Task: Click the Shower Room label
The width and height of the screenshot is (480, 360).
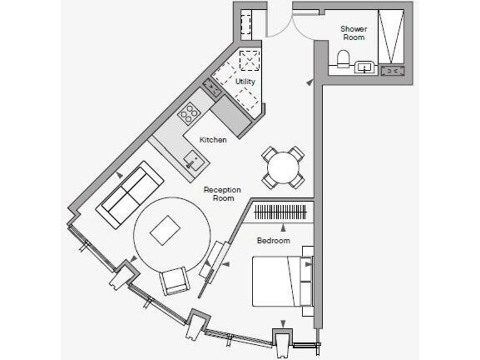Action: click(353, 32)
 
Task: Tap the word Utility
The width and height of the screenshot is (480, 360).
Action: click(245, 82)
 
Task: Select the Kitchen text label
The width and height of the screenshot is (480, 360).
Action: click(212, 140)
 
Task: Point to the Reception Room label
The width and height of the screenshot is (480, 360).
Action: click(222, 194)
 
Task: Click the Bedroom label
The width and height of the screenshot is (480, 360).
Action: click(274, 241)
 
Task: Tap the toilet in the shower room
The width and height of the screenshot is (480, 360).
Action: click(342, 59)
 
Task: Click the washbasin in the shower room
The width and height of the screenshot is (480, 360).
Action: click(364, 67)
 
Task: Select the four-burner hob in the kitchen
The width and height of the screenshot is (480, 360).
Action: click(189, 113)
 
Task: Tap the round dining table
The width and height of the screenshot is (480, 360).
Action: click(282, 167)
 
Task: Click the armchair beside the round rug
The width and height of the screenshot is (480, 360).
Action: click(174, 281)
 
